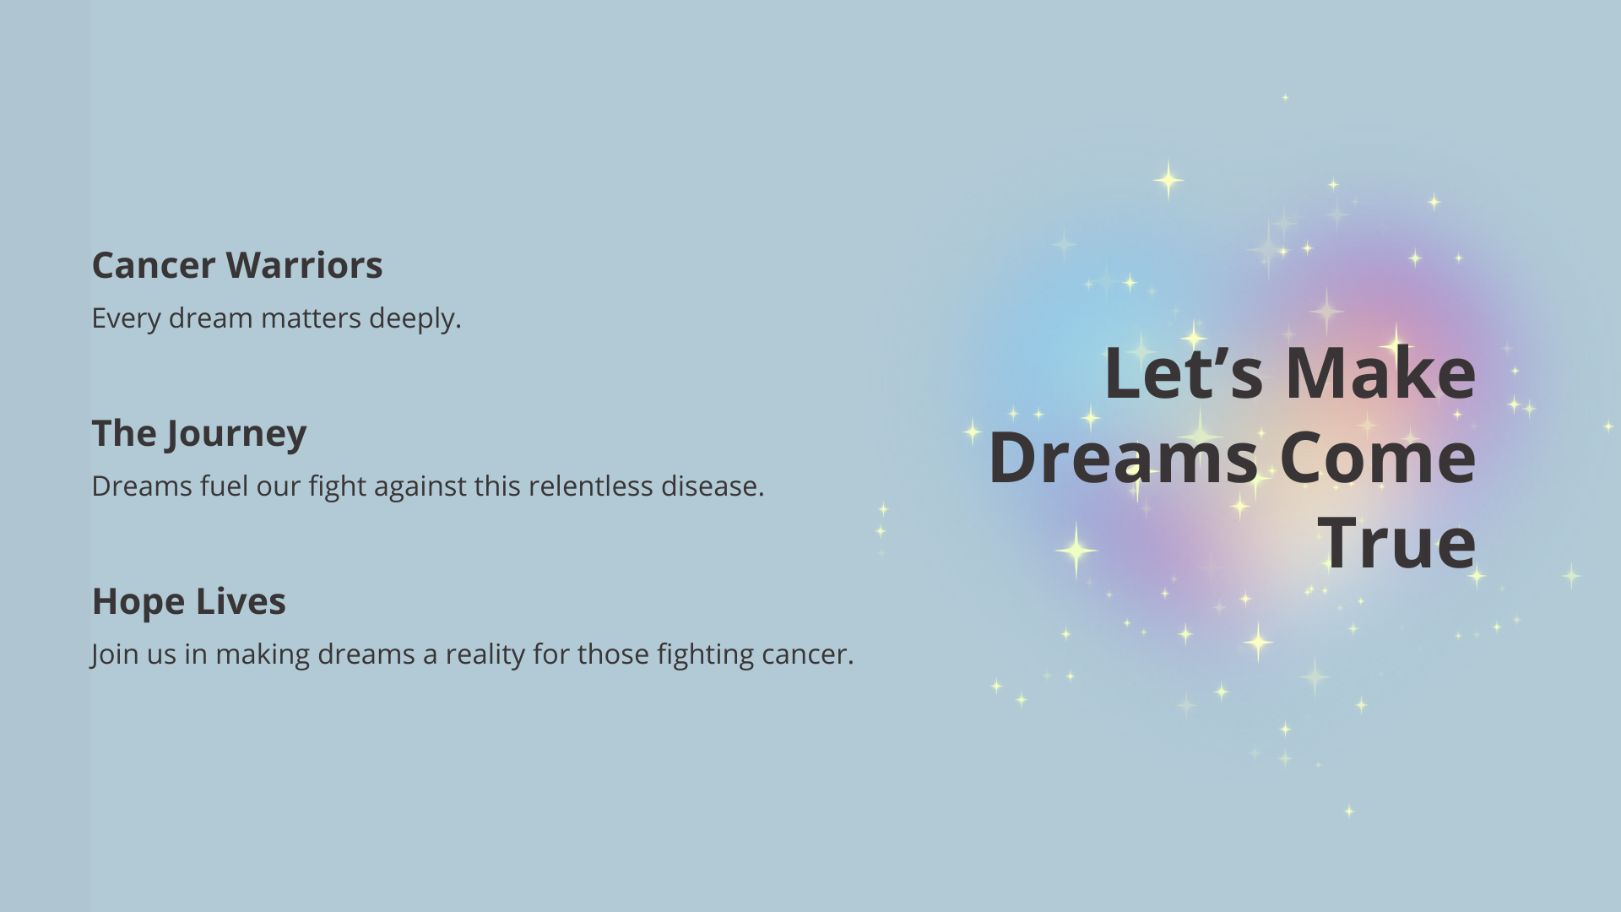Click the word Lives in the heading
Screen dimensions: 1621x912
[241, 601]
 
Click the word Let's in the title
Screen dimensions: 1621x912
[1184, 372]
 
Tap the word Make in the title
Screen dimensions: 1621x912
[1380, 372]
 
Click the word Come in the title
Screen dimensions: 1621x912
[1378, 457]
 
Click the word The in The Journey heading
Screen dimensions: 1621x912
[124, 433]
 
